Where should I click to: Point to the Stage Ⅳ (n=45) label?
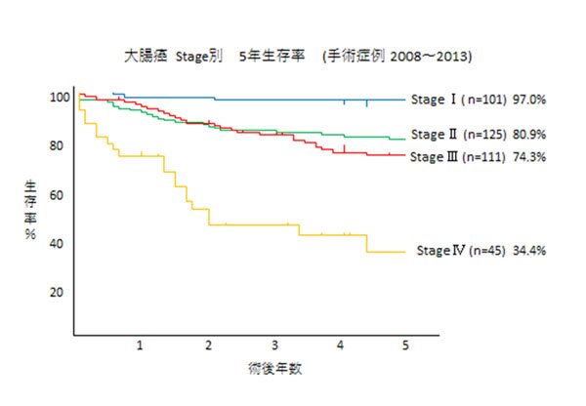click(456, 251)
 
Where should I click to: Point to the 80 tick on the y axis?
click(59, 146)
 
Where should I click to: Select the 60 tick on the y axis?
click(59, 194)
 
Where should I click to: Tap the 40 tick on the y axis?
click(59, 243)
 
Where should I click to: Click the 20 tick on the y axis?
click(59, 292)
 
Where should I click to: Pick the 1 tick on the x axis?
click(140, 345)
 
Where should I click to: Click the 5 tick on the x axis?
click(405, 345)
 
